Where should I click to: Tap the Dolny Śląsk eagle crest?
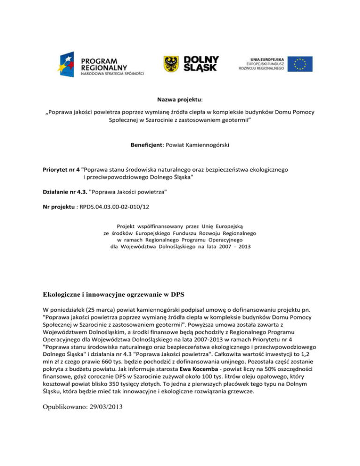(170, 64)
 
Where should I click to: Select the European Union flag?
(300, 64)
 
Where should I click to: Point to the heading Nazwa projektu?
(180, 100)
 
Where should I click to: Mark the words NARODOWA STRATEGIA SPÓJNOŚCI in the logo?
(113, 74)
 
